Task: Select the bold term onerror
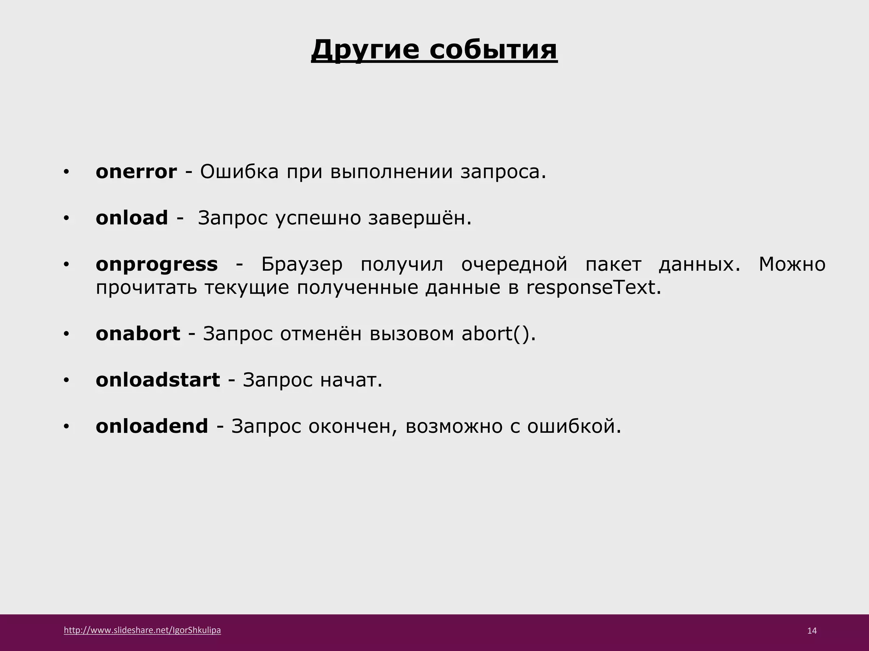(136, 172)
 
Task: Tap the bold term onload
(132, 218)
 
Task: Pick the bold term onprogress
(157, 264)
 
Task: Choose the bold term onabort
(138, 334)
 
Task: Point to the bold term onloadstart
(158, 380)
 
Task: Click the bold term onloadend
(152, 426)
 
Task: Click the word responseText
(593, 288)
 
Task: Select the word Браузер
(302, 264)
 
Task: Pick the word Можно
(792, 264)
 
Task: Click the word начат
(351, 380)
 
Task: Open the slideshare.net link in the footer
(142, 630)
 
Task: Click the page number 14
(812, 631)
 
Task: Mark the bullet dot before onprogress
(66, 265)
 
